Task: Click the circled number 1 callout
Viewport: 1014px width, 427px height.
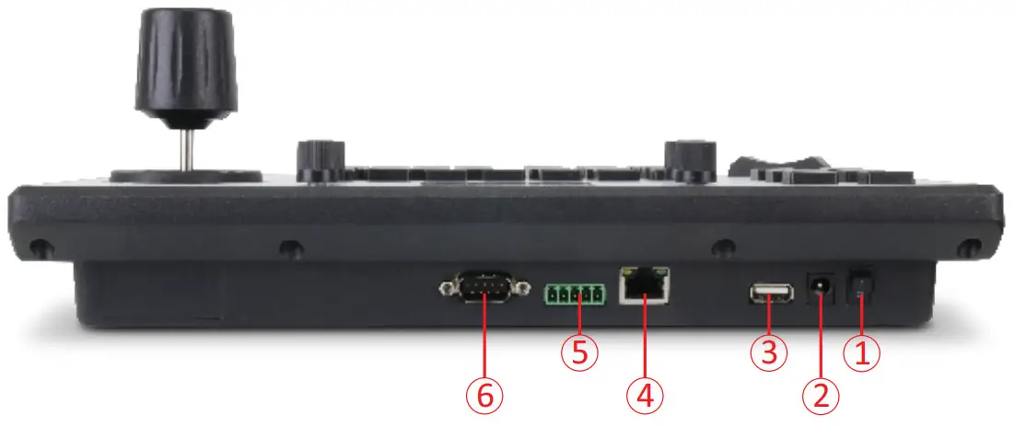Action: click(863, 354)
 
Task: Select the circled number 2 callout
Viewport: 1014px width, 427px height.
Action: click(821, 396)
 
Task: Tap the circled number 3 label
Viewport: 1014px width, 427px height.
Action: click(770, 352)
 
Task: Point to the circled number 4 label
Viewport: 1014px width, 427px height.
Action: click(645, 396)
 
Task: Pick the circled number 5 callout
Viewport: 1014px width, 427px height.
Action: click(579, 353)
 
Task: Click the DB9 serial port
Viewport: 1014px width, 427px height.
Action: click(484, 289)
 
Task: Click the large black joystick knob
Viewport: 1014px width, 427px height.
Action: click(187, 69)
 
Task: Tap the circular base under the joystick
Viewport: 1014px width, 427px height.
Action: click(187, 175)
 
